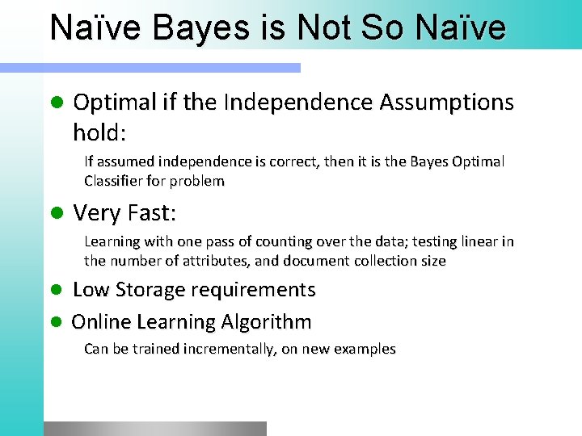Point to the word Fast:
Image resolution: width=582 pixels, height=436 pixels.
[149, 213]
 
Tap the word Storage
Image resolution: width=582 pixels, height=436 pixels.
[154, 290]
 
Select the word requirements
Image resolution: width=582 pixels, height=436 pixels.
[262, 290]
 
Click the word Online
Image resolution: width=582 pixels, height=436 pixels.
[102, 322]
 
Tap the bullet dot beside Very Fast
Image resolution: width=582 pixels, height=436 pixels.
[56, 214]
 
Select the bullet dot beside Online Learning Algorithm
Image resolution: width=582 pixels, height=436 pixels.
[56, 322]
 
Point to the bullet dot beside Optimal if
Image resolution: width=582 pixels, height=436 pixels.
[56, 103]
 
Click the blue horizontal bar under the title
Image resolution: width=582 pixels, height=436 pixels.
[171, 68]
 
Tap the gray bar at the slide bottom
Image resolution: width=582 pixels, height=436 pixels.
[155, 429]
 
